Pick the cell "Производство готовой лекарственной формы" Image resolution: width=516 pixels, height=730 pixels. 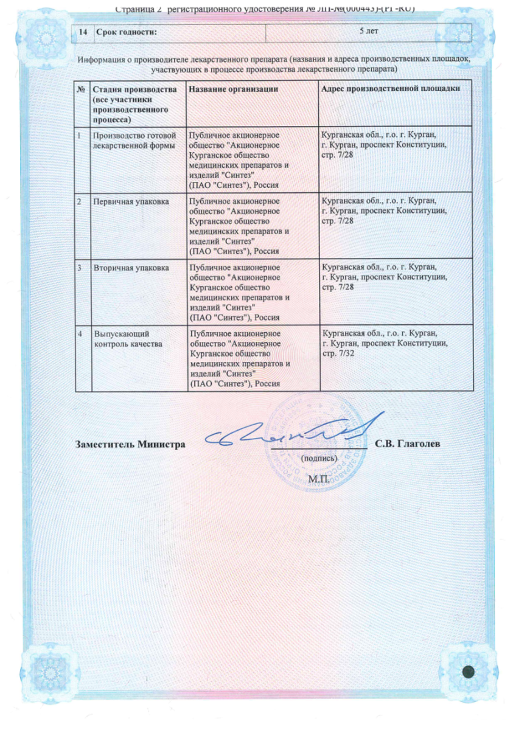click(134, 139)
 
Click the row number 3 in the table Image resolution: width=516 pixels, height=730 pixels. click(80, 267)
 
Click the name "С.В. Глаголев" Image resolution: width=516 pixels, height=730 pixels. click(408, 443)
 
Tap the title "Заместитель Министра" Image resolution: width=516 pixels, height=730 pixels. click(130, 444)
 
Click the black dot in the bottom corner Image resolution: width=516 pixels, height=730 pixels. click(469, 672)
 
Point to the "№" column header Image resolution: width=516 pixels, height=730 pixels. click(80, 89)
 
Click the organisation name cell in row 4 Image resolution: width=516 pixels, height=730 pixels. click(235, 359)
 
